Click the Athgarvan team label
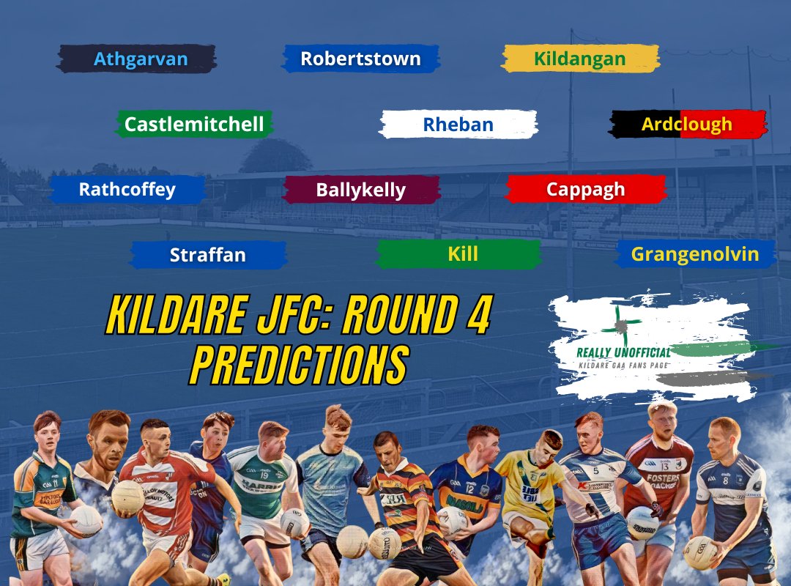click(x=141, y=59)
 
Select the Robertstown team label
click(x=360, y=59)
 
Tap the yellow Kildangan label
click(x=579, y=59)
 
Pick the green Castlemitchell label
click(x=194, y=125)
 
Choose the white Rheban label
click(x=458, y=125)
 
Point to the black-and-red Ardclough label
click(x=687, y=125)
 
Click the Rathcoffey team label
click(x=127, y=190)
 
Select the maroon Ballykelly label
click(x=360, y=190)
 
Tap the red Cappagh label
click(x=585, y=189)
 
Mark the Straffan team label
click(x=208, y=255)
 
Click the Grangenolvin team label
click(x=694, y=254)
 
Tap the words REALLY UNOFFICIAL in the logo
click(x=623, y=352)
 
